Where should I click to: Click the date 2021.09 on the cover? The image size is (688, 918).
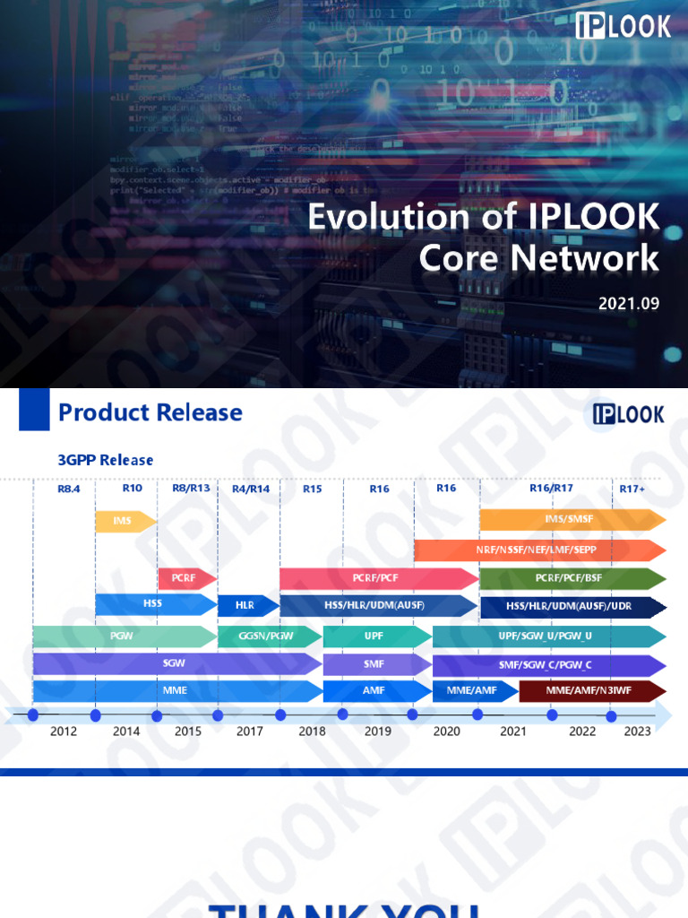[629, 303]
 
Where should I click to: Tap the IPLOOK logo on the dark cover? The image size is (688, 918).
[623, 26]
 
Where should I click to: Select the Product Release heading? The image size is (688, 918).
[150, 412]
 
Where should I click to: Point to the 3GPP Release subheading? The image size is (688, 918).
[106, 460]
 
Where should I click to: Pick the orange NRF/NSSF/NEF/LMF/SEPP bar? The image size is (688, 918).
[537, 550]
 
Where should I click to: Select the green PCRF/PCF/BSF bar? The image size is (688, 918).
[571, 578]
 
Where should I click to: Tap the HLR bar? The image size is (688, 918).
[245, 606]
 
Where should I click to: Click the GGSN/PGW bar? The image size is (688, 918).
[267, 637]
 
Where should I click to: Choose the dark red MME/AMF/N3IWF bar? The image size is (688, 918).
[591, 691]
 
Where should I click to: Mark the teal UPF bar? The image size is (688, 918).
[374, 637]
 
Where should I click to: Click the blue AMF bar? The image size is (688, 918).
[374, 691]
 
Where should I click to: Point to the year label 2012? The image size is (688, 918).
[64, 732]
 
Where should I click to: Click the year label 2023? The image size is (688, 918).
[637, 732]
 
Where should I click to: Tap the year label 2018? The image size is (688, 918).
[312, 732]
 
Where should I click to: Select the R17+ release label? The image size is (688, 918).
[632, 489]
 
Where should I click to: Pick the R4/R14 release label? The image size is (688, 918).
[251, 489]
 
